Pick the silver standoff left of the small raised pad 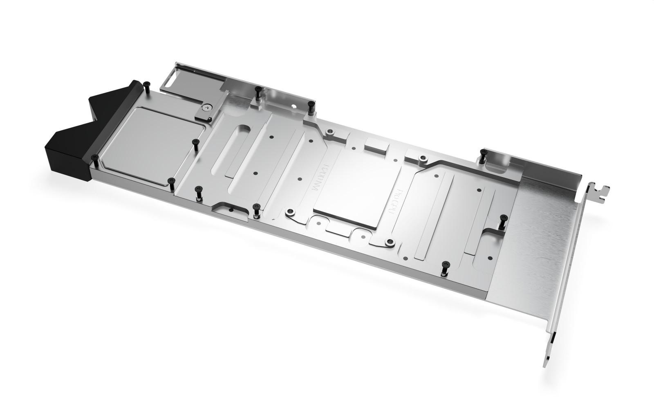pyautogui.click(x=329, y=133)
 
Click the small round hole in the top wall pyautogui.click(x=294, y=107)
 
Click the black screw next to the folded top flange pyautogui.click(x=484, y=155)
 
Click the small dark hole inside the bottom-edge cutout pyautogui.click(x=231, y=210)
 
